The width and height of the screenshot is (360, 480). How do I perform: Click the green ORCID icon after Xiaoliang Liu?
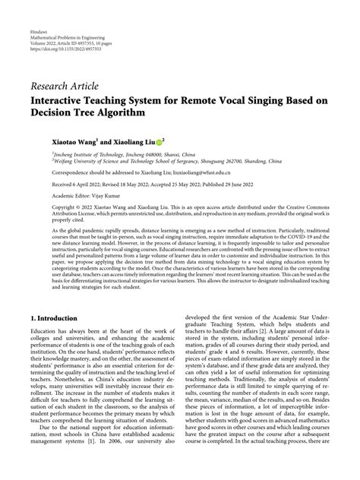159,141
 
